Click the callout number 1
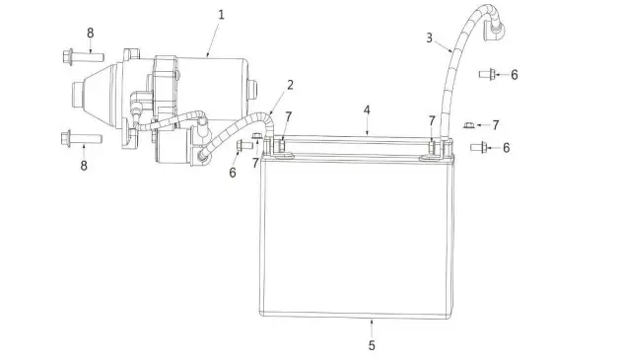pos(221,15)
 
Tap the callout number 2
pos(291,84)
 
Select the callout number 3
pos(430,37)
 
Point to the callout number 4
pos(366,109)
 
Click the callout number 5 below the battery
pos(371,345)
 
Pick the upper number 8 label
pos(90,33)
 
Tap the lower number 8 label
pos(84,166)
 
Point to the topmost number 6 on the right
pos(514,74)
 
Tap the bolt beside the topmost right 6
pos(487,74)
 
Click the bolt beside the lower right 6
pos(478,148)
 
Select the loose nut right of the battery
pos(471,124)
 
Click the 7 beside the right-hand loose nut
pos(496,125)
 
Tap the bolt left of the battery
pos(244,147)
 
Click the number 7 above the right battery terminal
pos(432,119)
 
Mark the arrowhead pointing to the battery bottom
pos(371,322)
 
